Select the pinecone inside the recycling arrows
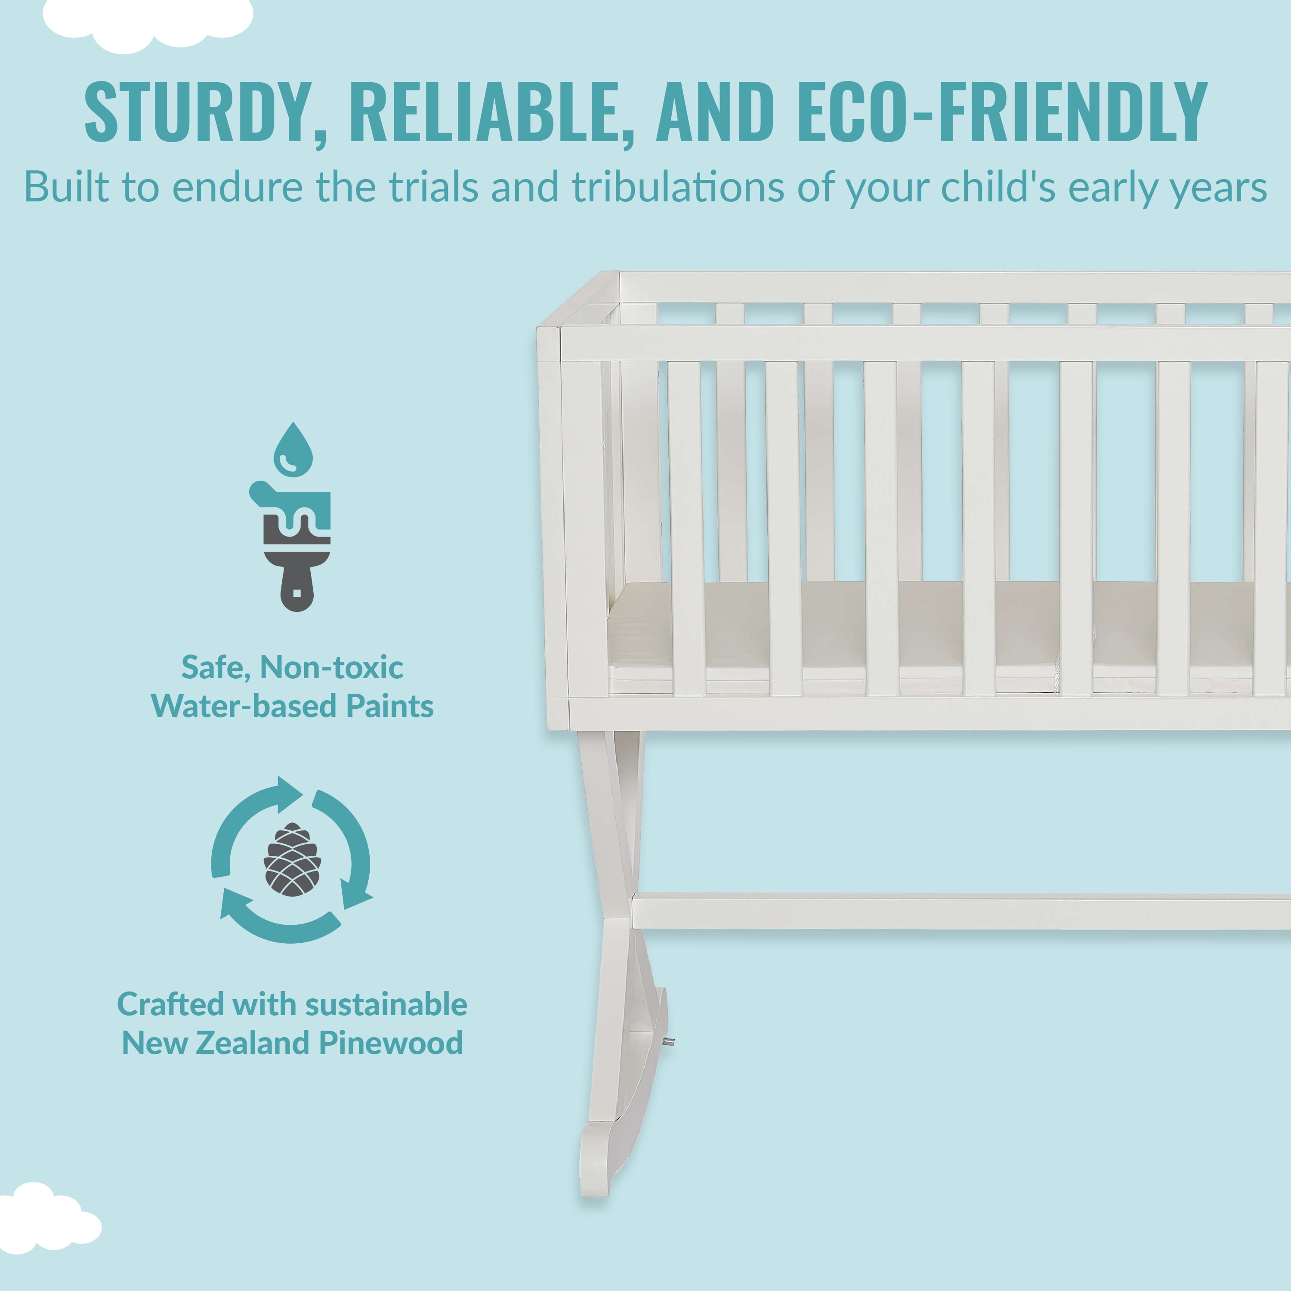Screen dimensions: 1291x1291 (x=292, y=859)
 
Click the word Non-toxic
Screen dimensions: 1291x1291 (x=331, y=667)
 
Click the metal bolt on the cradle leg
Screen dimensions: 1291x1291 (x=669, y=1041)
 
